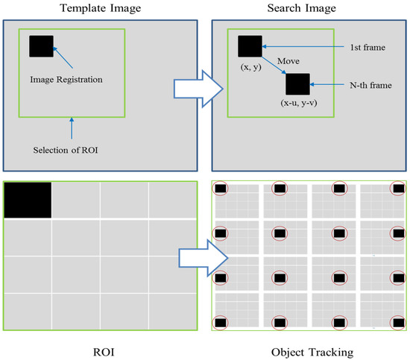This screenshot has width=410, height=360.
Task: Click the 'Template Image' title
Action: tap(100, 8)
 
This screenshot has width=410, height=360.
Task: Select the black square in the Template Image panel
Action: tap(41, 46)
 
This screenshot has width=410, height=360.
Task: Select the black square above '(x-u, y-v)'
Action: tap(297, 84)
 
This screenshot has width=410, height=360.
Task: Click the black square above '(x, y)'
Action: tap(250, 46)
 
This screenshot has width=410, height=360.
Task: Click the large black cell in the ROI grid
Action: tap(28, 200)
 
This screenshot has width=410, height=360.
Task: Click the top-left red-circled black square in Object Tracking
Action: tap(221, 189)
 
